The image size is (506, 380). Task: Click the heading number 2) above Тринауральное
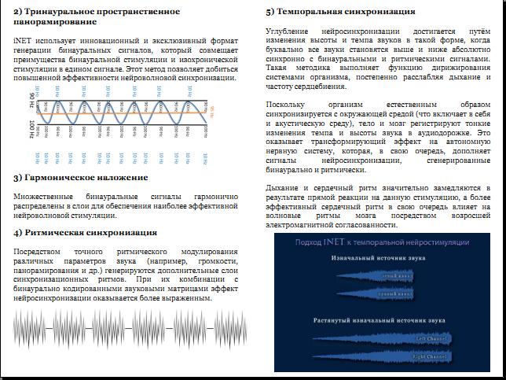click(x=17, y=11)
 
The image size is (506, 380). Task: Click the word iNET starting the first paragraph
click(x=23, y=38)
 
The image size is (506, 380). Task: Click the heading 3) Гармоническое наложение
click(x=80, y=177)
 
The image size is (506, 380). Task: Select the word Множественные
click(x=45, y=193)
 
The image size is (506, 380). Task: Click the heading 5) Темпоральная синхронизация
click(x=340, y=12)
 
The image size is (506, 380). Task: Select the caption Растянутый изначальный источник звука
click(x=379, y=321)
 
